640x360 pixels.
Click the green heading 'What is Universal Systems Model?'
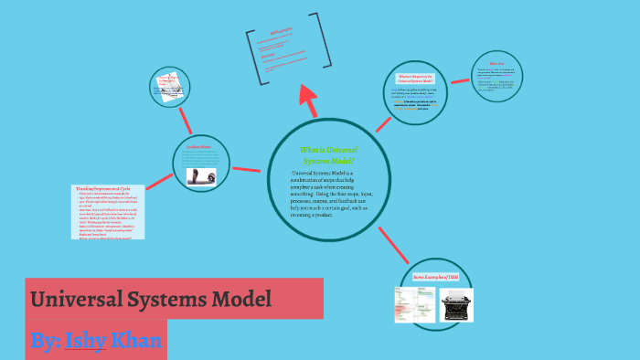[x=328, y=154]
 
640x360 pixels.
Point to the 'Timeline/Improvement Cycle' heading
[x=107, y=188]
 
